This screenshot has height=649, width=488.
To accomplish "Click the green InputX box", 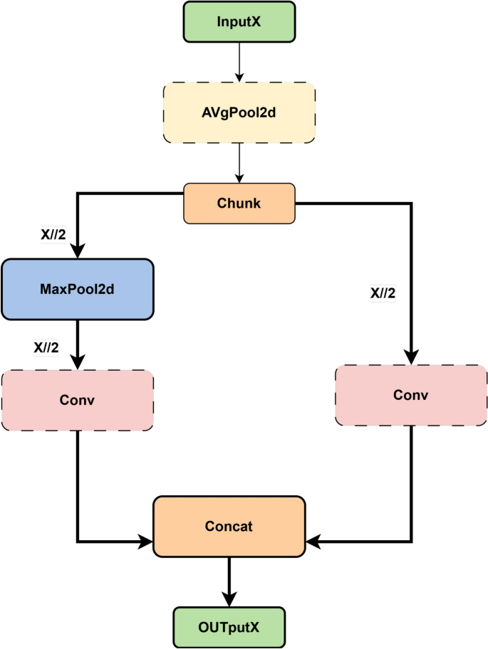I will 239,21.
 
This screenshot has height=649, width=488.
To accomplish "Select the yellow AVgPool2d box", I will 239,112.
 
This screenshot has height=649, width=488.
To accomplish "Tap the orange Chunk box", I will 239,203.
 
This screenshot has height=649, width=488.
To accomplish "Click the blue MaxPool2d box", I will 77,289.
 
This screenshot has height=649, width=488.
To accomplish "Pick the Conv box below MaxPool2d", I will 77,400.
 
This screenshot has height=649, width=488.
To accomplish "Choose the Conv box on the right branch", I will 410,395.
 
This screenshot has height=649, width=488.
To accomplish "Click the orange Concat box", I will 229,527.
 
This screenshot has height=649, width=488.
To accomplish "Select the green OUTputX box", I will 229,627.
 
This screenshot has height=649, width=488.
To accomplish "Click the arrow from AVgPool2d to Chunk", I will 239,163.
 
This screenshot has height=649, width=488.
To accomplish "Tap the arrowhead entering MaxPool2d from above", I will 77,250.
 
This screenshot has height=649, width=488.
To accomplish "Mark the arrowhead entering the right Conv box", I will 411,357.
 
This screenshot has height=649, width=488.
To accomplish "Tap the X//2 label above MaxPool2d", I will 53,234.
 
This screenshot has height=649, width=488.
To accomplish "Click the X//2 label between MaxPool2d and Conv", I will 46,347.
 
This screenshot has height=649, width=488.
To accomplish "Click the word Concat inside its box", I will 229,527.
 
